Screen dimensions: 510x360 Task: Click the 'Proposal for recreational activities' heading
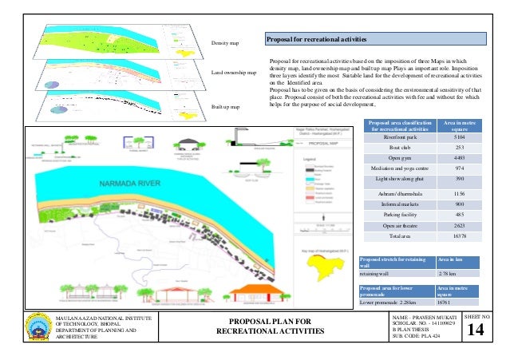point(317,40)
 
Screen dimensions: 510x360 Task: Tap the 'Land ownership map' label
point(234,73)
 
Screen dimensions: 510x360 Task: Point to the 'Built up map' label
point(224,105)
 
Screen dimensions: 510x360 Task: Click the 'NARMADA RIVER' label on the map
point(125,184)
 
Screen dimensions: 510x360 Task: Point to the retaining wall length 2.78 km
point(447,274)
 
